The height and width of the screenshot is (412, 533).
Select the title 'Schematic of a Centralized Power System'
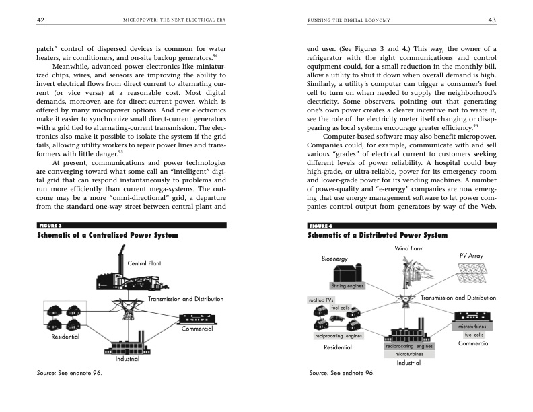pos(107,235)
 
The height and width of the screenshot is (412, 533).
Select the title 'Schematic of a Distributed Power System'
pos(378,235)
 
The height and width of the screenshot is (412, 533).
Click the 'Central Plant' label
pos(146,263)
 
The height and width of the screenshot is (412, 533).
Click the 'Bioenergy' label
pos(334,259)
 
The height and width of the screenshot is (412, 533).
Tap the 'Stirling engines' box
pos(347,287)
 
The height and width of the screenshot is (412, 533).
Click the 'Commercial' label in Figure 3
pos(197,329)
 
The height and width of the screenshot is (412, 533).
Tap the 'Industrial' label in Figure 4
pos(408,363)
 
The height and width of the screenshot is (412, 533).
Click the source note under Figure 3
pos(69,372)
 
